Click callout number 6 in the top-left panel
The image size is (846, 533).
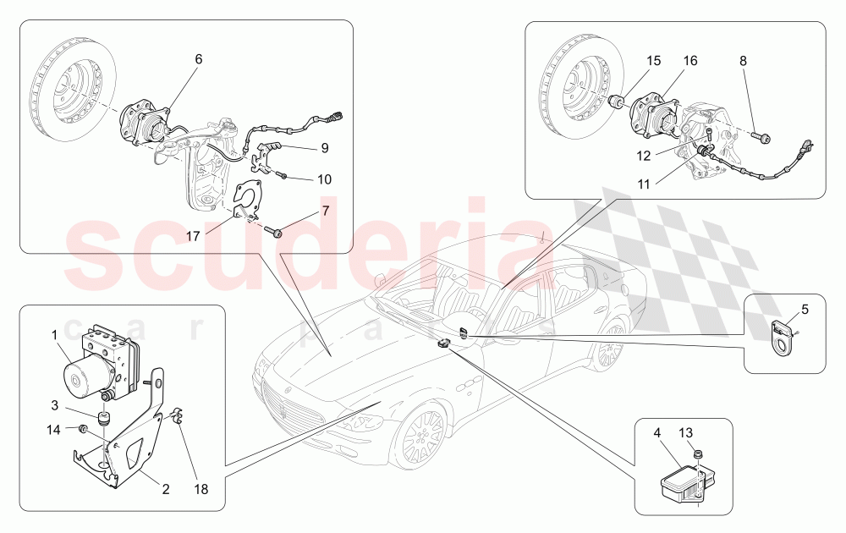pyautogui.click(x=199, y=59)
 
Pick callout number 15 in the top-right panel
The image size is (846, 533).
pyautogui.click(x=653, y=61)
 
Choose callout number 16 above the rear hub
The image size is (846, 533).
pyautogui.click(x=690, y=61)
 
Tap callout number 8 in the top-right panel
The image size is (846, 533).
pyautogui.click(x=743, y=61)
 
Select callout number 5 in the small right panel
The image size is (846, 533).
pyautogui.click(x=805, y=310)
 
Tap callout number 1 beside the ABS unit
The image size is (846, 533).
pyautogui.click(x=55, y=334)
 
